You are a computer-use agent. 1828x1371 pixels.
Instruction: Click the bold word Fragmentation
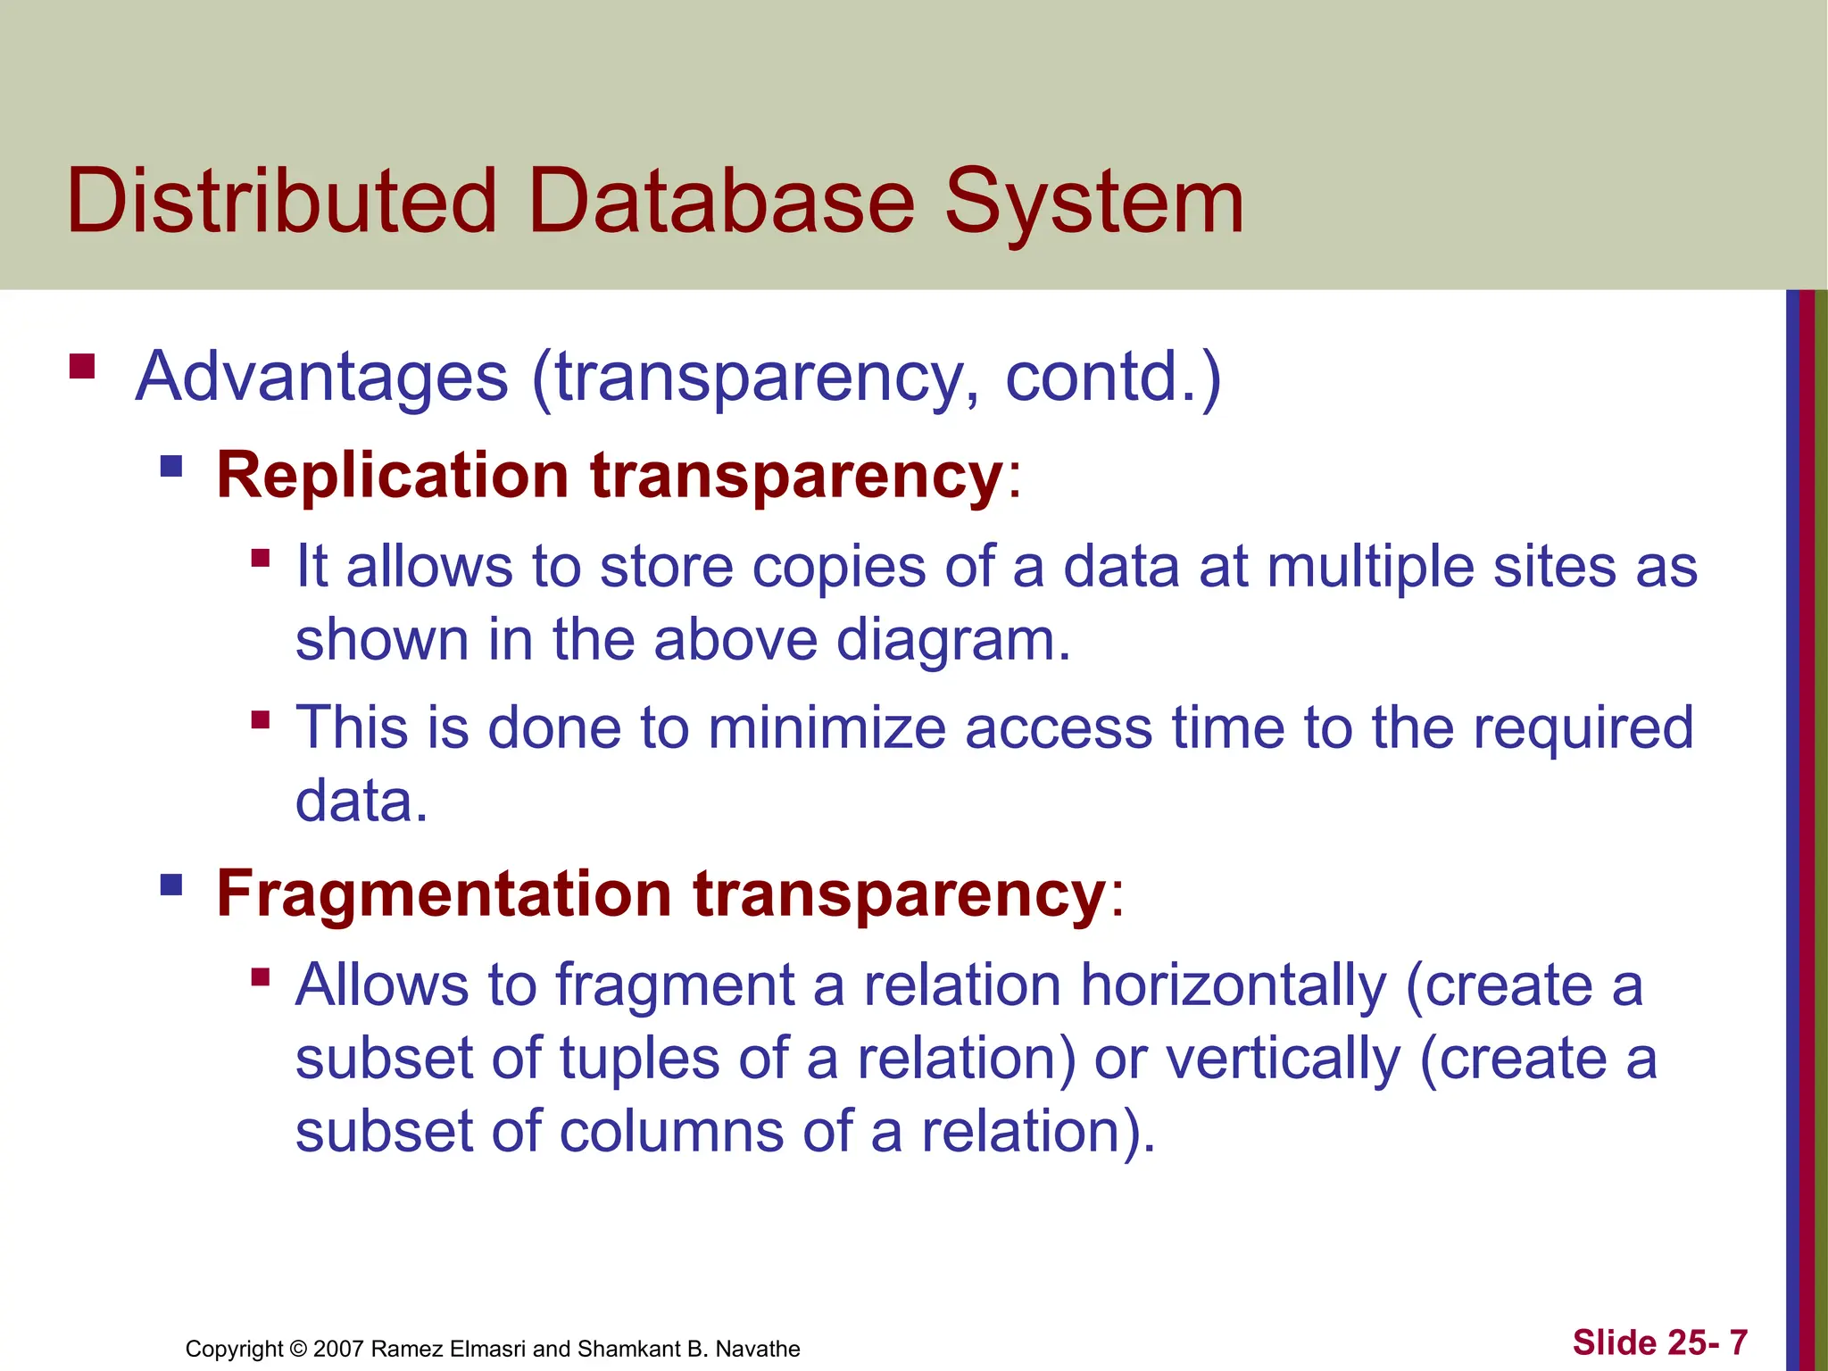pos(445,893)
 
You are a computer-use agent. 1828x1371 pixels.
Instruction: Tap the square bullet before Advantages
pos(82,367)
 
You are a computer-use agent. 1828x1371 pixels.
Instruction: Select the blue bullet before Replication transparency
pos(171,466)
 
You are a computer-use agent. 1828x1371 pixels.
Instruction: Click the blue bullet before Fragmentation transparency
pos(171,885)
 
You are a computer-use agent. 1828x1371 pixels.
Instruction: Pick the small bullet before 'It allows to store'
pos(261,559)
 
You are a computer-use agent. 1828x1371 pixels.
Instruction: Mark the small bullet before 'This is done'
pos(261,719)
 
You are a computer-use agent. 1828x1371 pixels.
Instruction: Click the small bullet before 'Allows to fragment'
pos(261,976)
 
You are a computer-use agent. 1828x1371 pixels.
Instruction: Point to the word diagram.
pos(952,641)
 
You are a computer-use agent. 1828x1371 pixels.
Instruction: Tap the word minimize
pos(827,727)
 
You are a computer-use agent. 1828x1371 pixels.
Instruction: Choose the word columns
pos(671,1132)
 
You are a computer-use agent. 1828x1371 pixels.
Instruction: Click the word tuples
pos(639,1059)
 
